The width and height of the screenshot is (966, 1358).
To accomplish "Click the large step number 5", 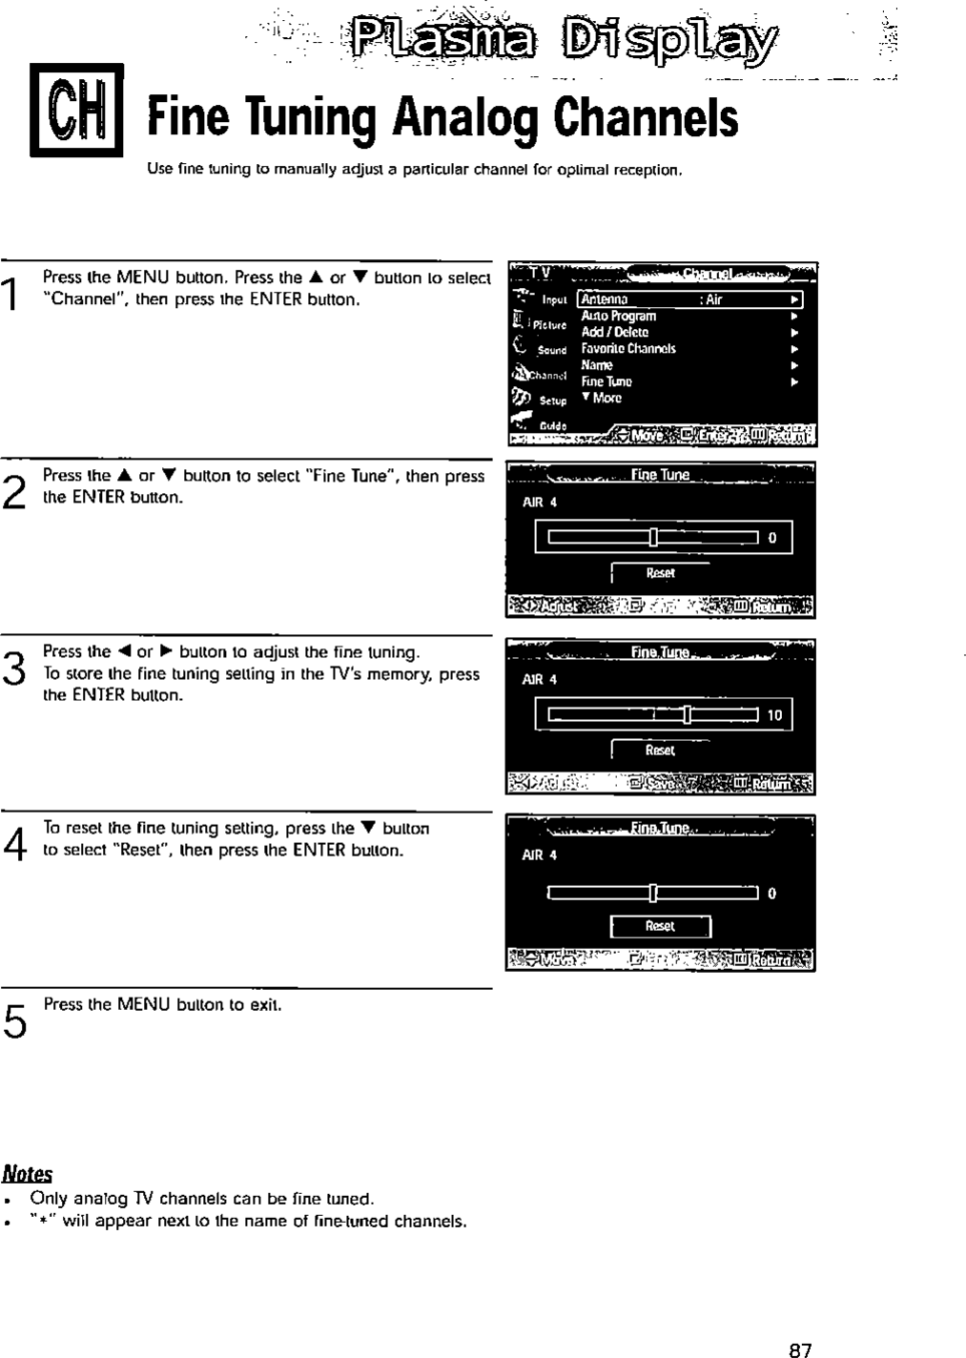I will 12,1020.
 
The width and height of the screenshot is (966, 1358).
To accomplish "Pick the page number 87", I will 800,1348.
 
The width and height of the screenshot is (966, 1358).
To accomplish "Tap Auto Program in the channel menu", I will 618,316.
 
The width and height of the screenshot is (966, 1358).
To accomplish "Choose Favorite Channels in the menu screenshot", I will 628,348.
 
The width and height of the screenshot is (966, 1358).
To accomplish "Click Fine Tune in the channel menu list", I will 606,381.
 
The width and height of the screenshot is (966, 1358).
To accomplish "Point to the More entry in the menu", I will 603,398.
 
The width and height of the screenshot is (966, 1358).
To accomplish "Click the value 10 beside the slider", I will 774,714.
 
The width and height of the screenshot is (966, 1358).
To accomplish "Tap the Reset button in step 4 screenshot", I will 660,926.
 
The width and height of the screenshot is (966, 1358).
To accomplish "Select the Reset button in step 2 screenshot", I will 660,573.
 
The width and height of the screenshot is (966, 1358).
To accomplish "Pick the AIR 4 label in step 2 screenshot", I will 540,502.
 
